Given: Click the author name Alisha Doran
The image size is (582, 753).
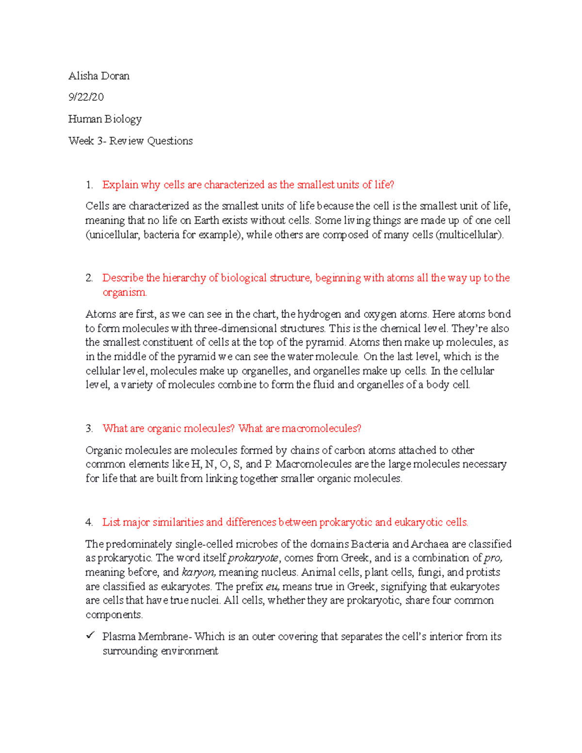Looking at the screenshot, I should tap(99, 76).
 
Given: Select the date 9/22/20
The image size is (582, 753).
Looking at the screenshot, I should tap(86, 97).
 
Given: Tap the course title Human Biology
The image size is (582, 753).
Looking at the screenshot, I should tap(105, 119).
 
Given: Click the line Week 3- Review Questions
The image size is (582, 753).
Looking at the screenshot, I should tap(130, 141).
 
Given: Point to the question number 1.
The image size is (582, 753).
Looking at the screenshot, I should tap(89, 185).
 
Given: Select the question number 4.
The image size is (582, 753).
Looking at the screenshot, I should tap(89, 522).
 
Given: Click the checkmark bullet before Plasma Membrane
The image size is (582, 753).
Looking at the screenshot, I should tap(90, 636).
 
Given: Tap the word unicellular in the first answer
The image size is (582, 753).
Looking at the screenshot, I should tap(113, 235).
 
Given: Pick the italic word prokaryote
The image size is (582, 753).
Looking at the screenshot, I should tap(253, 558).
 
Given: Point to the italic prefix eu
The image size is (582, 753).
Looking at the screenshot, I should tap(273, 587).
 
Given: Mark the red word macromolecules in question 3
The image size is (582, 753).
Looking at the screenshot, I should tap(320, 429).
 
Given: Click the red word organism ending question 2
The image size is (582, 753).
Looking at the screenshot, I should tap(124, 292).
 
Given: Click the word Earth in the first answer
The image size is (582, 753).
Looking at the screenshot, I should tap(207, 221).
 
